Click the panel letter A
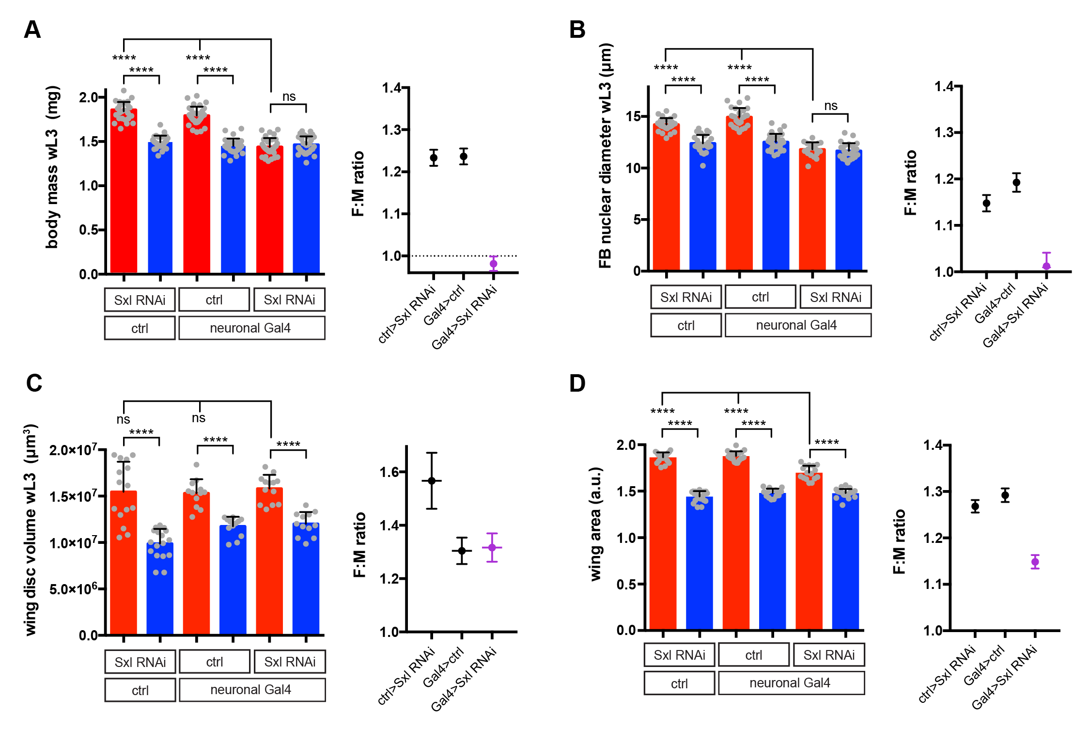[x=32, y=30]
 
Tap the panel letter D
[x=577, y=383]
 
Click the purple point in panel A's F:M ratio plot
[x=493, y=264]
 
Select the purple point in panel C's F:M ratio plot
[x=492, y=547]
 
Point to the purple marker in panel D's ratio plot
[x=1035, y=562]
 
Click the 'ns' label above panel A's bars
[x=289, y=96]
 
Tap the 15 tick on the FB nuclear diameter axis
[x=633, y=116]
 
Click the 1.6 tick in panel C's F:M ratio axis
[x=389, y=472]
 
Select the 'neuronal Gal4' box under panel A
[x=251, y=328]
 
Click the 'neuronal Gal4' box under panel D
[x=790, y=683]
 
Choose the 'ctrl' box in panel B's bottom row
[x=685, y=325]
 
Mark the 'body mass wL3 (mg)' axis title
[x=52, y=167]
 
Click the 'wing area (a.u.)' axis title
[x=595, y=524]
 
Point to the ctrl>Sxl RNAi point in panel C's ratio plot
[x=432, y=481]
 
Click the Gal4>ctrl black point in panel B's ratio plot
[x=1016, y=183]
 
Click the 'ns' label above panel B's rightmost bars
[x=830, y=106]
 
